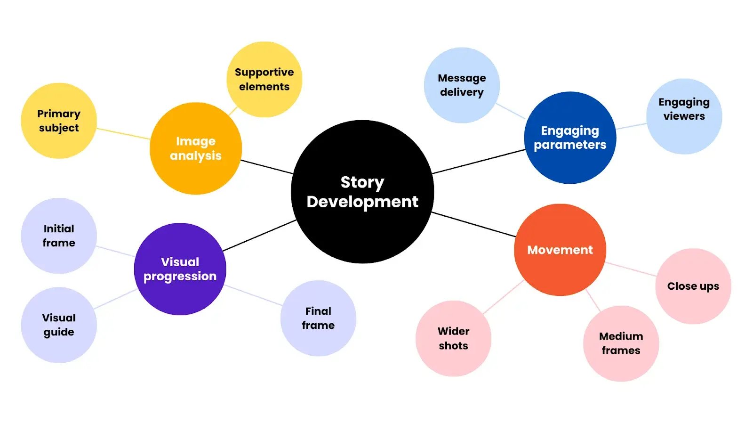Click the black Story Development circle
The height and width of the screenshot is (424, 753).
click(362, 192)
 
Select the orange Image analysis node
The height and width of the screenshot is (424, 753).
click(196, 148)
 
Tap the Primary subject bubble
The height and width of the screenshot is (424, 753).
click(59, 121)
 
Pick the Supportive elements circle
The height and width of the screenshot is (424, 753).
click(264, 79)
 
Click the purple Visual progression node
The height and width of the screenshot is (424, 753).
click(180, 269)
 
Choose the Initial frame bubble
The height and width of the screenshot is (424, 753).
click(59, 236)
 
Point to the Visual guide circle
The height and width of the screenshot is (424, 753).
click(59, 325)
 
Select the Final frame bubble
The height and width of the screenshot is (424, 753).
click(318, 318)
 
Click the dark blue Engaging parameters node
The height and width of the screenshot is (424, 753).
click(570, 138)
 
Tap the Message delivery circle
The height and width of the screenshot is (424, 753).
click(462, 85)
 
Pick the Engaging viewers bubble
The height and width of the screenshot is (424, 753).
click(684, 116)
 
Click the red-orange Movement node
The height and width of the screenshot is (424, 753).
click(560, 250)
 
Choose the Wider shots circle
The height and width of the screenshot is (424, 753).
click(453, 338)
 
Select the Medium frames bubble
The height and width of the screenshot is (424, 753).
click(621, 343)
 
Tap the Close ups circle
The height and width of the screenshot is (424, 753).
click(693, 286)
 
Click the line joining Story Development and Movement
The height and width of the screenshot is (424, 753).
click(473, 224)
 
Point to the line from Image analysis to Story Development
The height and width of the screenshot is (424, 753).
click(267, 167)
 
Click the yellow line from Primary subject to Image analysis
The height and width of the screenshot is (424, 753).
click(123, 133)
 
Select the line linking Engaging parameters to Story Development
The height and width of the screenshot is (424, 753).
click(479, 162)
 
